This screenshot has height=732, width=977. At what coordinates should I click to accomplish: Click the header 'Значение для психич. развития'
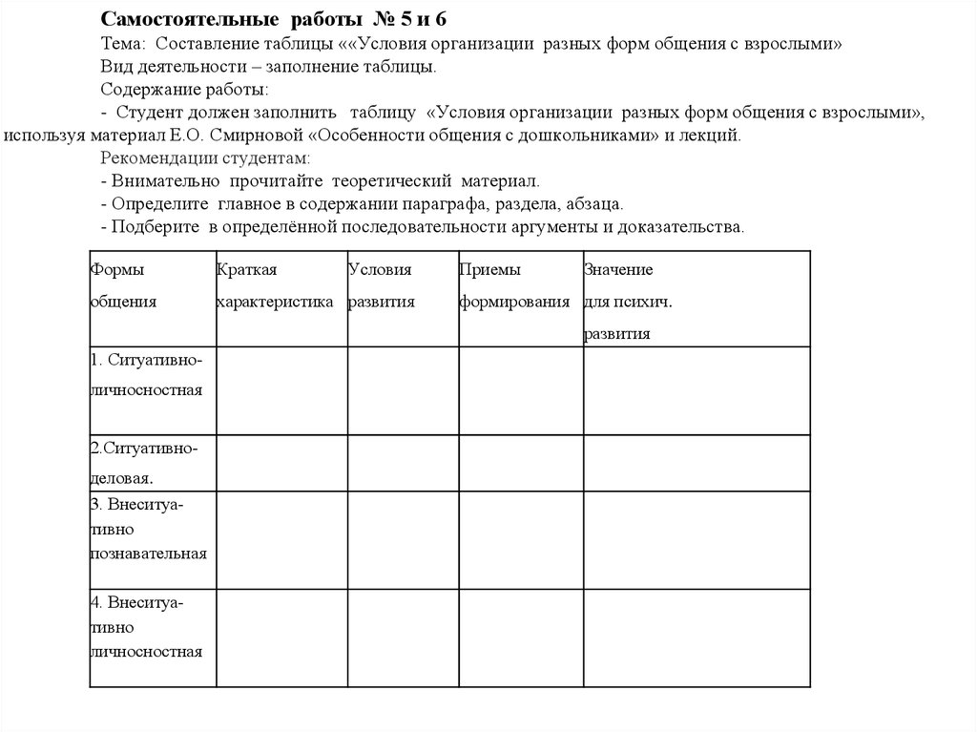(628, 302)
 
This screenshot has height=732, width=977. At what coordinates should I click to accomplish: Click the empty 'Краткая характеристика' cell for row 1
(281, 391)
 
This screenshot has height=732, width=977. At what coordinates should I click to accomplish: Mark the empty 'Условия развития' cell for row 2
(402, 463)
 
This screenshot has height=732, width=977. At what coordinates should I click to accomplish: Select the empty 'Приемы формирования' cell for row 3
(520, 539)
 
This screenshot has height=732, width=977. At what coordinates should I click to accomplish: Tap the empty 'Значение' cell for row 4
(696, 637)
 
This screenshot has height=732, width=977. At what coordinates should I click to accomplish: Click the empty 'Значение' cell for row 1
(696, 391)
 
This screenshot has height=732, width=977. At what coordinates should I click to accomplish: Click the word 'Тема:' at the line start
(124, 45)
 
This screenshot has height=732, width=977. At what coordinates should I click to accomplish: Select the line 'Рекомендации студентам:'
(205, 157)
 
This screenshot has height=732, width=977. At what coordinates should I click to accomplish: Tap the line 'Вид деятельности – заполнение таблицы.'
(269, 68)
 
